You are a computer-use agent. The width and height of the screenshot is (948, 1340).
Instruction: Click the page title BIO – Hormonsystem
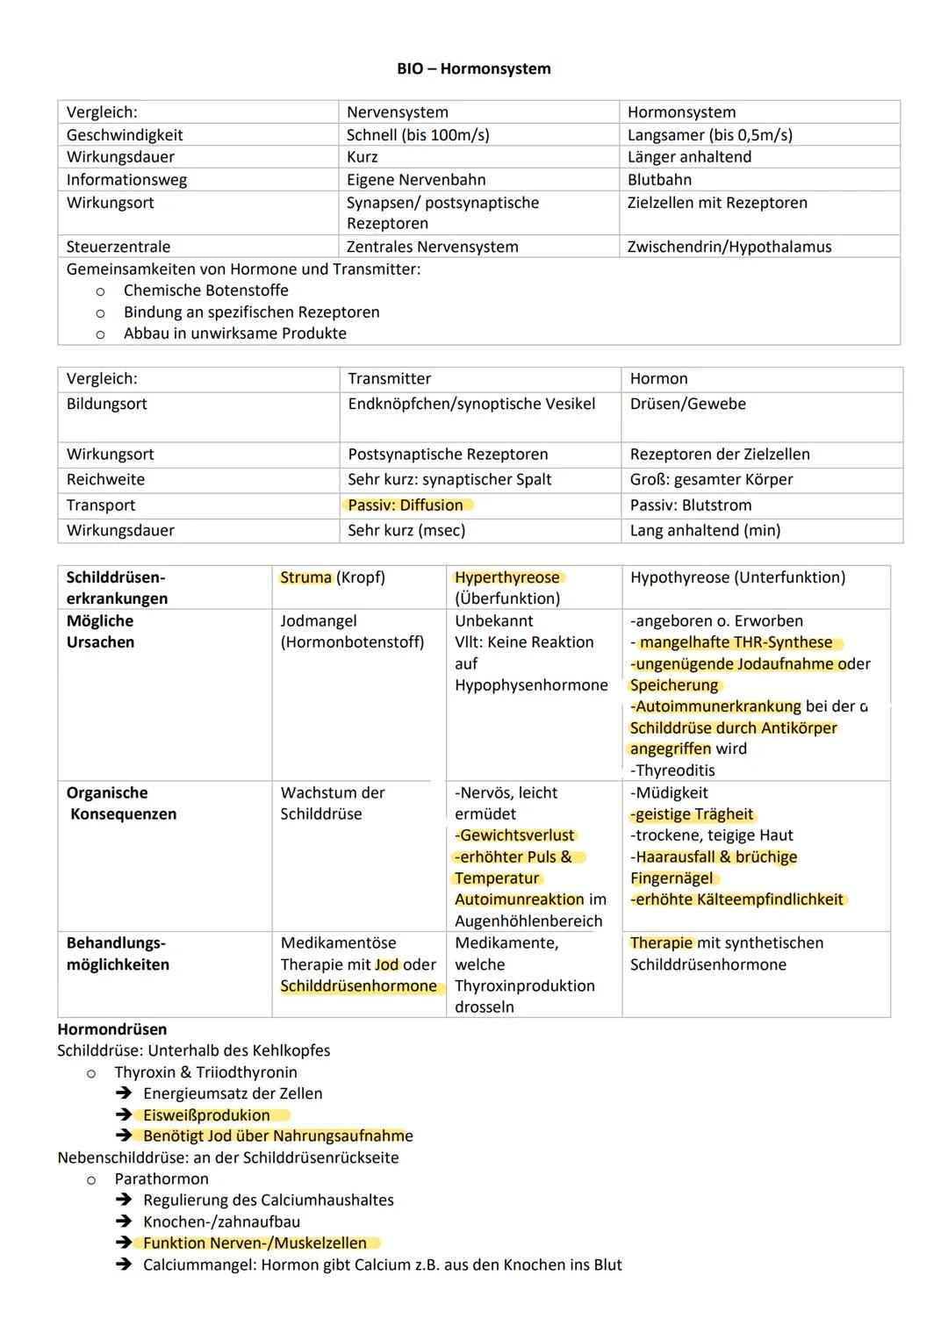[x=473, y=68]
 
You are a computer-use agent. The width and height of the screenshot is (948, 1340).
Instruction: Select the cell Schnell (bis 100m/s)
[x=418, y=135]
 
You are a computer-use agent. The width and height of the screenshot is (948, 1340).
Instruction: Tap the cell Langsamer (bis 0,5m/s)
[x=709, y=135]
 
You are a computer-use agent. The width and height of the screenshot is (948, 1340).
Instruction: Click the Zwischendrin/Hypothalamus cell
[x=729, y=247]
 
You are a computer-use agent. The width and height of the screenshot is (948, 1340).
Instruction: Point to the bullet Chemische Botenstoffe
[x=205, y=290]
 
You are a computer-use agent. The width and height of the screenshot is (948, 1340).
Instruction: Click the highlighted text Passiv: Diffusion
[x=406, y=505]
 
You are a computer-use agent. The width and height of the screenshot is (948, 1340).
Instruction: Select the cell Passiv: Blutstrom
[x=690, y=505]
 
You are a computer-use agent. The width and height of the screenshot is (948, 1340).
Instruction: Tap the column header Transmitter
[x=389, y=379]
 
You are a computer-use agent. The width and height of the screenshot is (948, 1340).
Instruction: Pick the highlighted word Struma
[x=305, y=577]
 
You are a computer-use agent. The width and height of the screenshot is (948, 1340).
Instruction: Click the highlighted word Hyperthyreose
[x=507, y=577]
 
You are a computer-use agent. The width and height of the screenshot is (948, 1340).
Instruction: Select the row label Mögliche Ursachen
[x=100, y=632]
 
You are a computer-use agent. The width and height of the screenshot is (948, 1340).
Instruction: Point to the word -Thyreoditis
[x=672, y=770]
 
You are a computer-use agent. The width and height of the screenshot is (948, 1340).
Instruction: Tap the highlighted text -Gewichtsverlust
[x=514, y=835]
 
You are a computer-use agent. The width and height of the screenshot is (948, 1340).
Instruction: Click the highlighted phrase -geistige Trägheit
[x=693, y=814]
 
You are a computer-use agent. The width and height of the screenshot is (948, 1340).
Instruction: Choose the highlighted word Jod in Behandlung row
[x=386, y=964]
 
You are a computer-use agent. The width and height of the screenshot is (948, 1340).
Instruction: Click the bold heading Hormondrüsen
[x=111, y=1029]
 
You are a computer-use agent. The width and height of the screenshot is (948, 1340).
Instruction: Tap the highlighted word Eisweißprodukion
[x=206, y=1115]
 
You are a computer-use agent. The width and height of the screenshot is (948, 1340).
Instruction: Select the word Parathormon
[x=162, y=1179]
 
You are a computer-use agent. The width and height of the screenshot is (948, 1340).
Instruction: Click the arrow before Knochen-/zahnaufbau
[x=125, y=1222]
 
